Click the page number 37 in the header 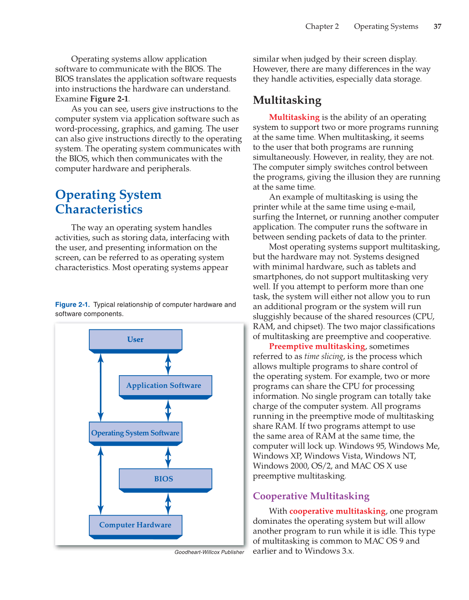[437, 26]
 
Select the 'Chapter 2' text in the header [322, 26]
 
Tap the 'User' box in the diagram [136, 340]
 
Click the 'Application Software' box [165, 385]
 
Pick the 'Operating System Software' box [136, 433]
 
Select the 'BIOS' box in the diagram [165, 479]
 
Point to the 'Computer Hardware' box [136, 525]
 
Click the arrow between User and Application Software [168, 364]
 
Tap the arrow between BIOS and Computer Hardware [168, 503]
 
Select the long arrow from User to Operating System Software [101, 387]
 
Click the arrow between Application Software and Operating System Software [168, 411]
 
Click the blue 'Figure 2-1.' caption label [72, 305]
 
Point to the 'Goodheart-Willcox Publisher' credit [209, 552]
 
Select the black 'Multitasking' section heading [287, 100]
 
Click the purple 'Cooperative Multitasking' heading [311, 496]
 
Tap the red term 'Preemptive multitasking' [317, 346]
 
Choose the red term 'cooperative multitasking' [337, 511]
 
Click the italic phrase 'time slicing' [323, 357]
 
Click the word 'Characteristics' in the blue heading [99, 209]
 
